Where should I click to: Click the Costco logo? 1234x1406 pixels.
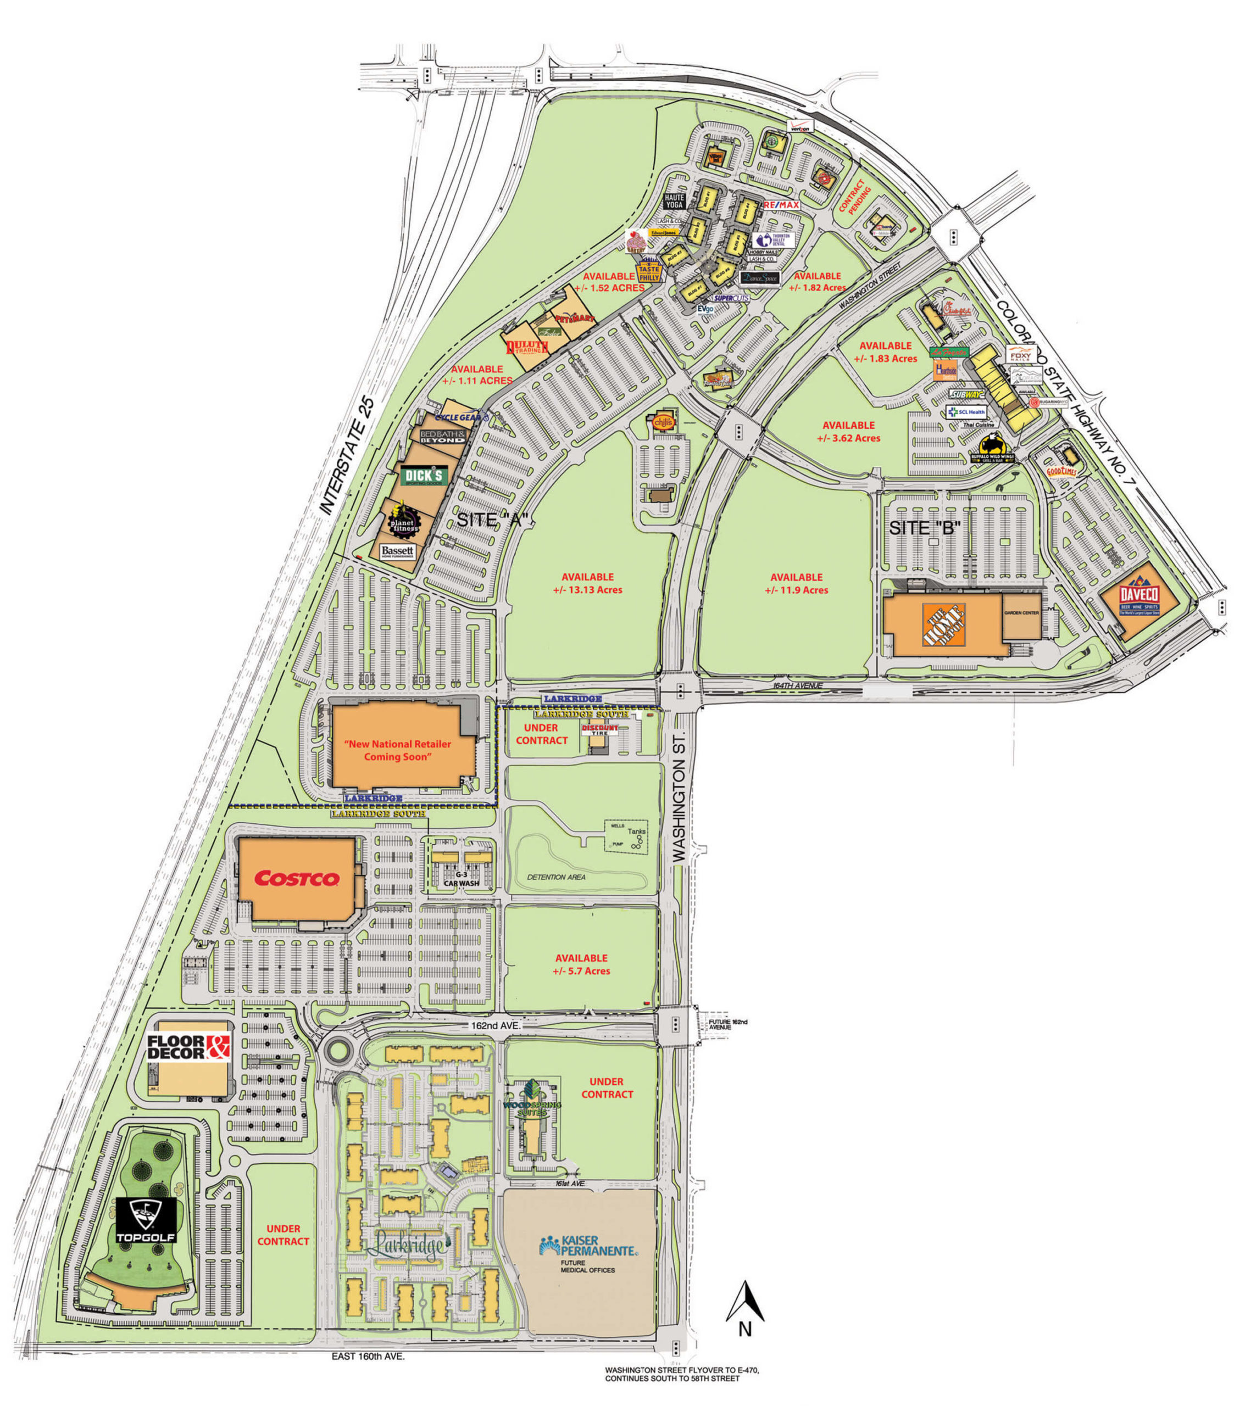coord(297,878)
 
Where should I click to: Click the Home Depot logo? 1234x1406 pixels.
coord(943,624)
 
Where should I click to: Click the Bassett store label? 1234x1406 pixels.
coord(397,551)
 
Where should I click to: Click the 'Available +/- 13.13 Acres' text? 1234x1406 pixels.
coord(587,583)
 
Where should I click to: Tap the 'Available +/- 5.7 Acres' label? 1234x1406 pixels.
coord(581,964)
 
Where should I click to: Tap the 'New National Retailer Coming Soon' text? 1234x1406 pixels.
coord(397,750)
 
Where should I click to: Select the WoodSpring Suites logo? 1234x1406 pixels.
coord(532,1097)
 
